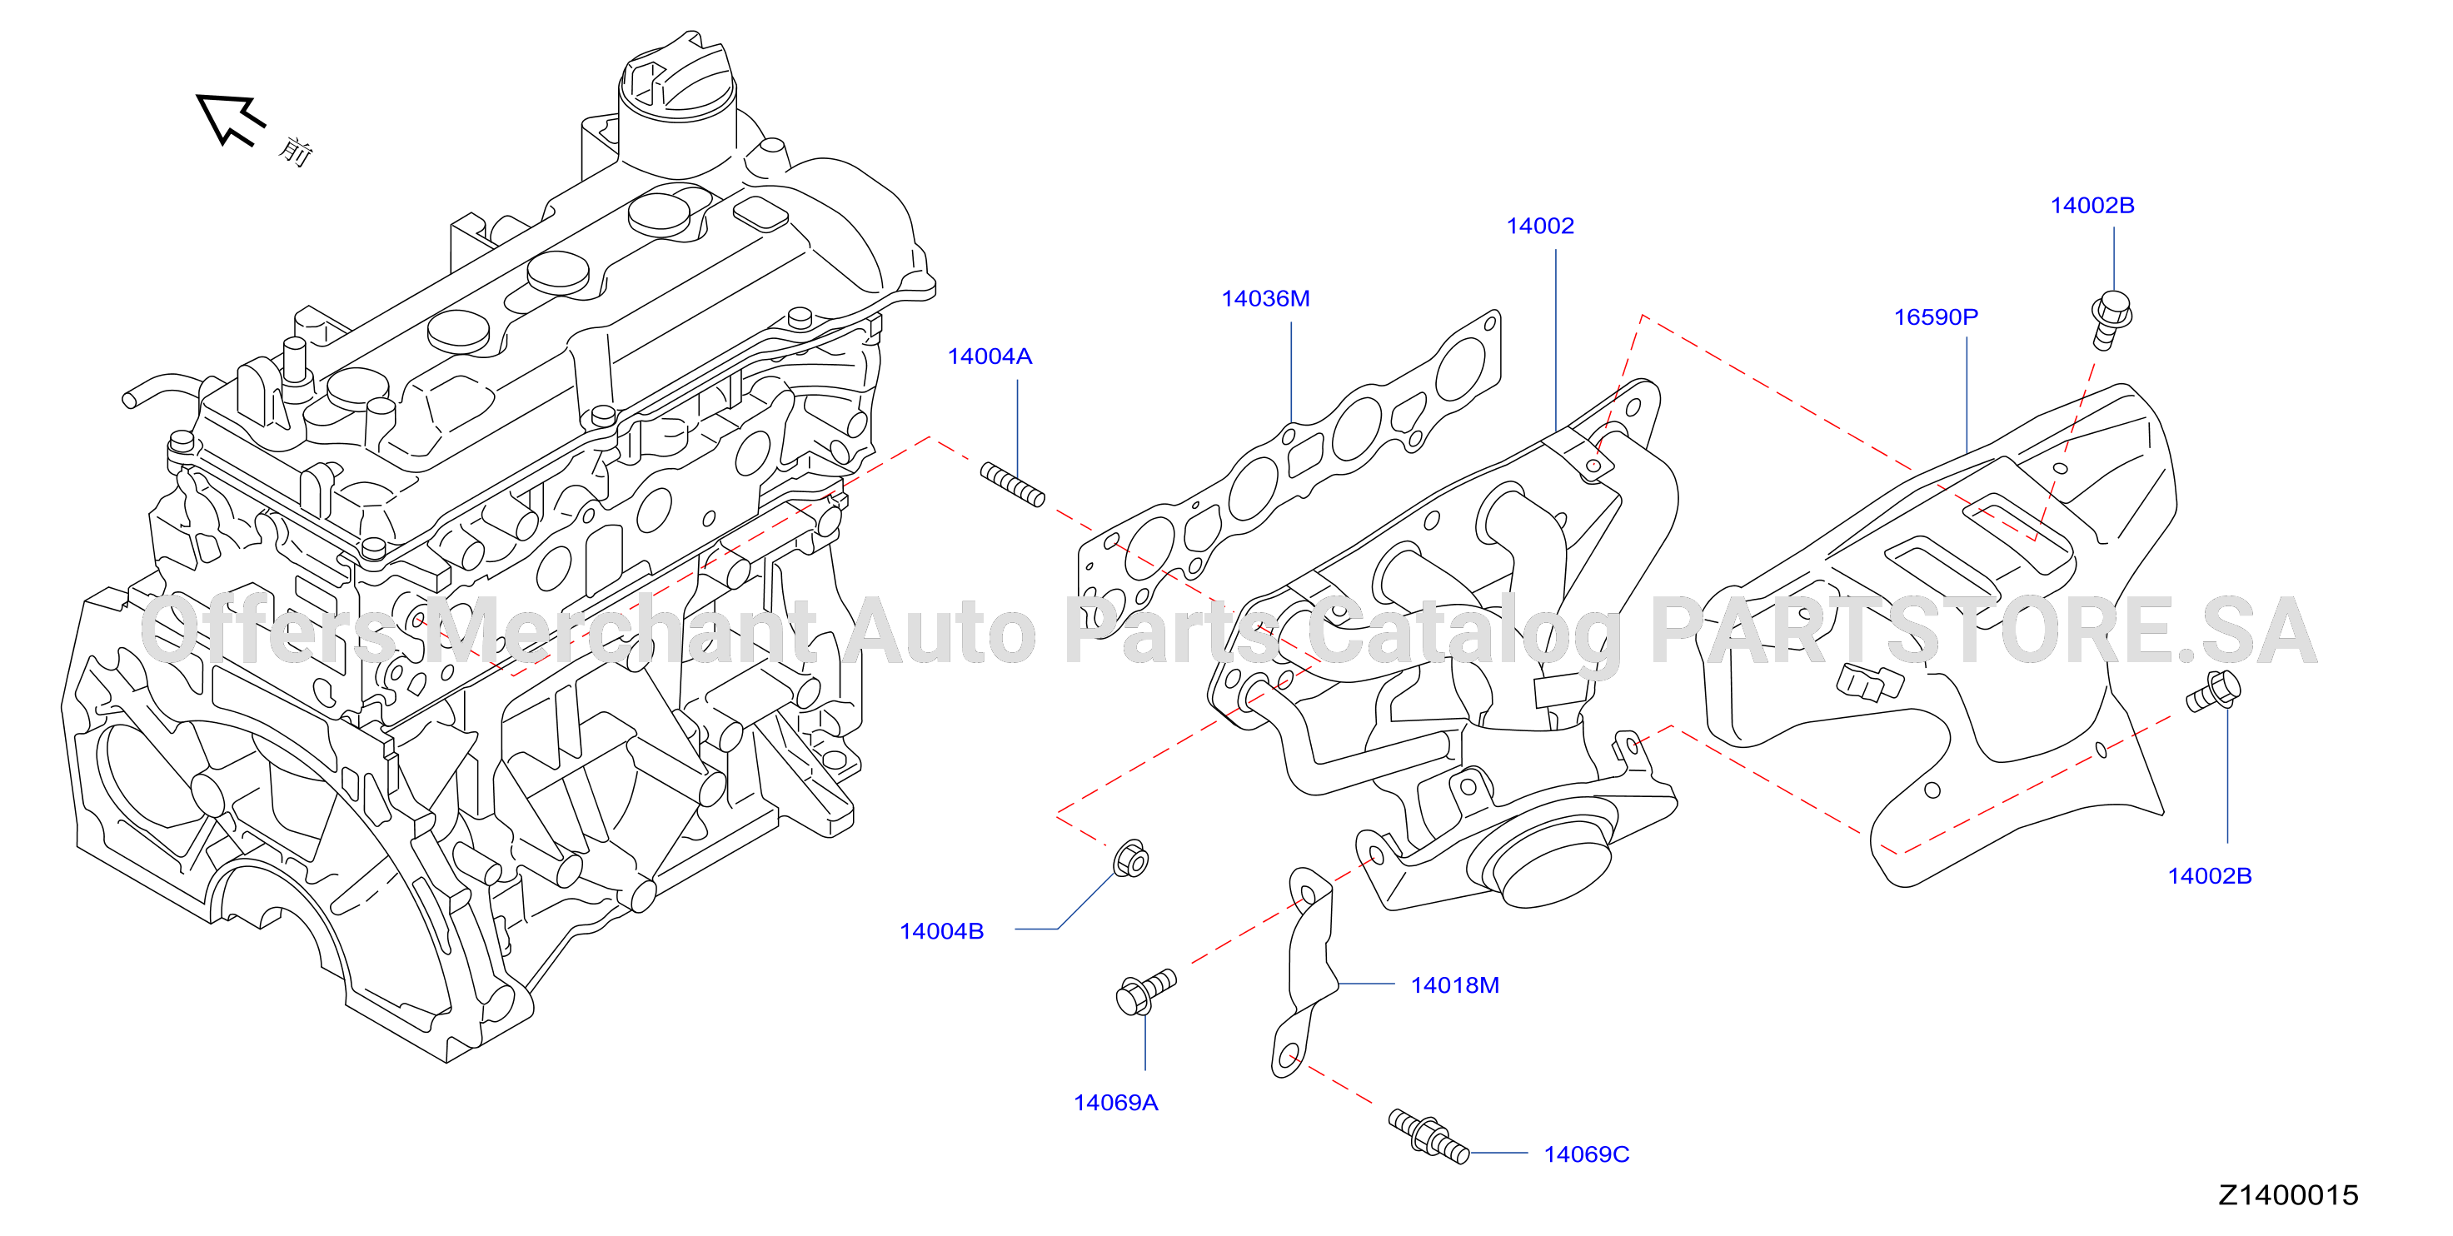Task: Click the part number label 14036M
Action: tap(1264, 299)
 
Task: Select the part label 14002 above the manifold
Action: tap(1540, 227)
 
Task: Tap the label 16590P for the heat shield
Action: tap(1935, 317)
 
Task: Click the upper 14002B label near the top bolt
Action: tap(2092, 206)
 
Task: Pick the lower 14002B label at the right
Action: tap(2209, 876)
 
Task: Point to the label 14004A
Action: tap(990, 357)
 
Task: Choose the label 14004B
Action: tap(942, 931)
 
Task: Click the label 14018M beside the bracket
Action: tap(1454, 985)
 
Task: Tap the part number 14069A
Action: tap(1115, 1103)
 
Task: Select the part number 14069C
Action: tap(1587, 1155)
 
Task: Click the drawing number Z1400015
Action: tap(2288, 1195)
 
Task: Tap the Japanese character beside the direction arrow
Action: tap(297, 151)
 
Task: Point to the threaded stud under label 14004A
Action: tap(1012, 485)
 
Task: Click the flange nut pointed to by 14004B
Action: tap(1130, 859)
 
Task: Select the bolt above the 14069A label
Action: tap(1145, 992)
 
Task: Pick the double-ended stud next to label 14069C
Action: tap(1428, 1136)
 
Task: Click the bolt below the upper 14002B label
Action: tap(2111, 320)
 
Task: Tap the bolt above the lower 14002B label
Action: tap(2213, 691)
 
